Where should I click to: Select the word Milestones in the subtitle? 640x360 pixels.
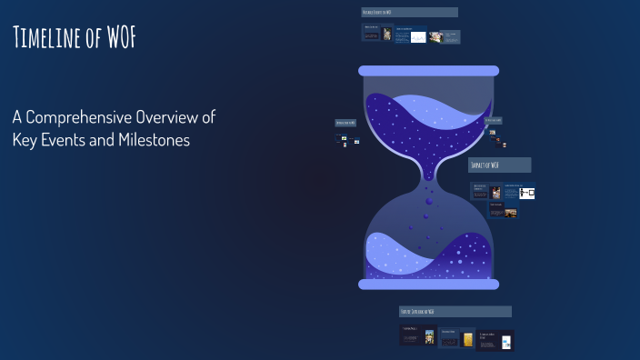(x=153, y=141)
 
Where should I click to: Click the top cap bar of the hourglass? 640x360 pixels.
(x=428, y=71)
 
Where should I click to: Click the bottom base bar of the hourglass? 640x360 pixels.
(x=428, y=285)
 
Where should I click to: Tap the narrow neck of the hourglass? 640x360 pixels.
(x=428, y=176)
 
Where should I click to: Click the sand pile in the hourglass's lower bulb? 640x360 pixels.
(x=428, y=259)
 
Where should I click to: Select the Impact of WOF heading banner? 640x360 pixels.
(x=499, y=165)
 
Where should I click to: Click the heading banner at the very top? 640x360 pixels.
(x=409, y=13)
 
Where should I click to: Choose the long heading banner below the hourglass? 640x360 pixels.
(x=455, y=312)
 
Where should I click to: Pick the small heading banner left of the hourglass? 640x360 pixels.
(x=345, y=122)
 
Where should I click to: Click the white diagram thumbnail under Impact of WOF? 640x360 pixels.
(x=526, y=193)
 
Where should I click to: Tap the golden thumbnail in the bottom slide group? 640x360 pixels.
(x=468, y=339)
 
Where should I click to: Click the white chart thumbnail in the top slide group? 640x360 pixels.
(x=417, y=37)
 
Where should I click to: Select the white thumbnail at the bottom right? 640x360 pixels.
(x=506, y=343)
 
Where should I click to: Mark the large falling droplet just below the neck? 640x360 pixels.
(x=428, y=201)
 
